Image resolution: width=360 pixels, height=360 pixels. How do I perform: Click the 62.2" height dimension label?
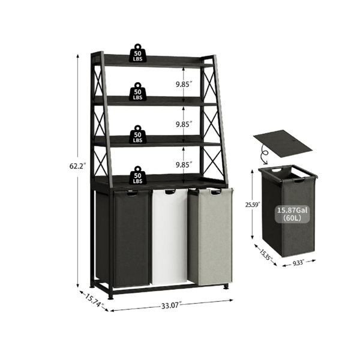point(77,166)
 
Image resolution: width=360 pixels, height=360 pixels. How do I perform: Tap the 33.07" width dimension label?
point(171,305)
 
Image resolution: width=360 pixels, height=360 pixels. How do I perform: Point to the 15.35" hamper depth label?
point(266,254)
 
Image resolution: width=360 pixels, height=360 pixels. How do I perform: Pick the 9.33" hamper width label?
point(298,262)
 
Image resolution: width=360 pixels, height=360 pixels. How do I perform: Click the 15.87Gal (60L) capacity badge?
point(292,214)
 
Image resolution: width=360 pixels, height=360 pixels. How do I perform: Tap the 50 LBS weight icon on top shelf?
point(137,53)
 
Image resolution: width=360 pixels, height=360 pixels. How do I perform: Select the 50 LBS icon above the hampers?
point(137,175)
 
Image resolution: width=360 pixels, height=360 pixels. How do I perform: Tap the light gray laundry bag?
point(210,236)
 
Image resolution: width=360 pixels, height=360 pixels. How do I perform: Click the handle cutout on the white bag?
point(170,192)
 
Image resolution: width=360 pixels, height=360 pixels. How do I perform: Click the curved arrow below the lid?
point(265,156)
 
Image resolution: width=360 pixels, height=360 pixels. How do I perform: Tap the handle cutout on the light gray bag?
point(215,192)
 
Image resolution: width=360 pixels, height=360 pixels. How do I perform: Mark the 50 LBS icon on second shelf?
point(137,92)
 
